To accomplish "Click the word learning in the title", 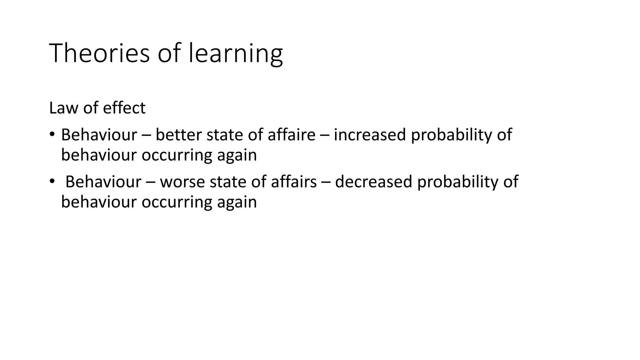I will [x=236, y=54].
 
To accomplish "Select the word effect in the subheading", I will [x=124, y=108].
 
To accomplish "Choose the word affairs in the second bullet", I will [x=294, y=182].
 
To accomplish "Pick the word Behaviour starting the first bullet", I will [x=99, y=135].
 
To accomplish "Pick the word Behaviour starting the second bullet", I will [x=103, y=182].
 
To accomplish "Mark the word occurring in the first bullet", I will [x=177, y=155].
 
